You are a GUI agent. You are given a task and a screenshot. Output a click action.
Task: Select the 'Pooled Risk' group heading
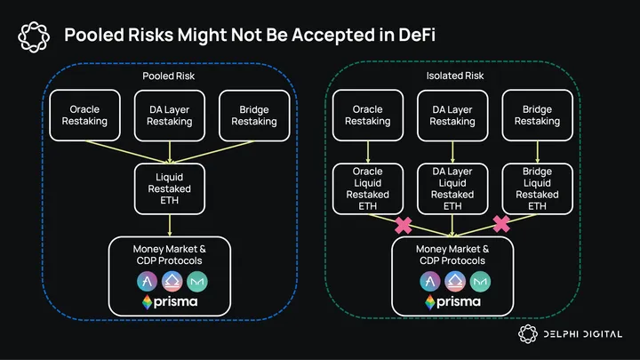(169, 76)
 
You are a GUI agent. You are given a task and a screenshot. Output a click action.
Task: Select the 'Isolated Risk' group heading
(452, 76)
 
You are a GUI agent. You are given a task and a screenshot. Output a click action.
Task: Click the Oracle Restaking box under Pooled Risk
(84, 116)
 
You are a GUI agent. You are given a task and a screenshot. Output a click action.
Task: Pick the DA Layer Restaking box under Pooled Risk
(169, 116)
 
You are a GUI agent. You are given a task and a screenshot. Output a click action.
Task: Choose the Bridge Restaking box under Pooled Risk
(253, 116)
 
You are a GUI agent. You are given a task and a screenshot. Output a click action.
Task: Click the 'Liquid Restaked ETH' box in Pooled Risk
(169, 188)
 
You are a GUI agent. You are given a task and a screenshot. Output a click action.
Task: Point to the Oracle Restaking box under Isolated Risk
(368, 116)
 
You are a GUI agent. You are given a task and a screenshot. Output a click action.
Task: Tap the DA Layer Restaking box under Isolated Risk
(452, 116)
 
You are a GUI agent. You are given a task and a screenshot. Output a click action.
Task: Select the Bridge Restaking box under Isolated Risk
(537, 116)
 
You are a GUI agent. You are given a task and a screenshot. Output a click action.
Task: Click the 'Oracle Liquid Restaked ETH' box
(368, 188)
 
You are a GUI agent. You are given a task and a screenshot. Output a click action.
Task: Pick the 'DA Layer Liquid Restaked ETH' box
(452, 188)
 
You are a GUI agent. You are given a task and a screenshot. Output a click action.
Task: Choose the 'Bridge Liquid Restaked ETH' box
(537, 188)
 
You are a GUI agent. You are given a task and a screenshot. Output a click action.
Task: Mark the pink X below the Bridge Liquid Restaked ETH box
(501, 223)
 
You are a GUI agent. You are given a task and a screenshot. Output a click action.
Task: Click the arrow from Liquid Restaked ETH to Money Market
(169, 225)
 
